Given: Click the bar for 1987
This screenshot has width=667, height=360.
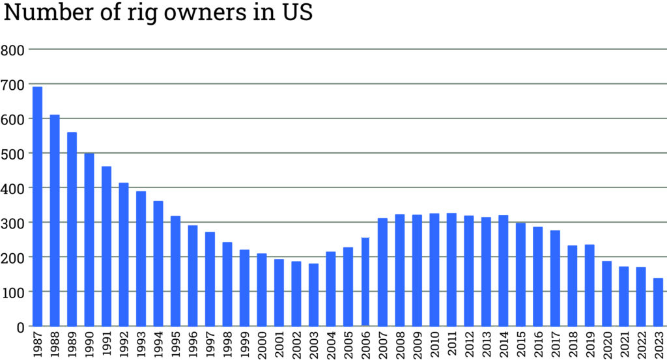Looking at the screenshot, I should pos(37,206).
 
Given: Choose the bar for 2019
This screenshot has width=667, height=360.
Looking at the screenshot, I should pos(589,285).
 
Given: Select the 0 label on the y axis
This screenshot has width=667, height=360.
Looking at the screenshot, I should pos(20,326).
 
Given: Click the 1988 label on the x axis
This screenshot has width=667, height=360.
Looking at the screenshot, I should pos(55,345).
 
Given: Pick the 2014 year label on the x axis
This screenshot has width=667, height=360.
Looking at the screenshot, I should pos(504,345).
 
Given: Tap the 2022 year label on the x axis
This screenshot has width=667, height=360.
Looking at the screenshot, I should pos(642,345).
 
